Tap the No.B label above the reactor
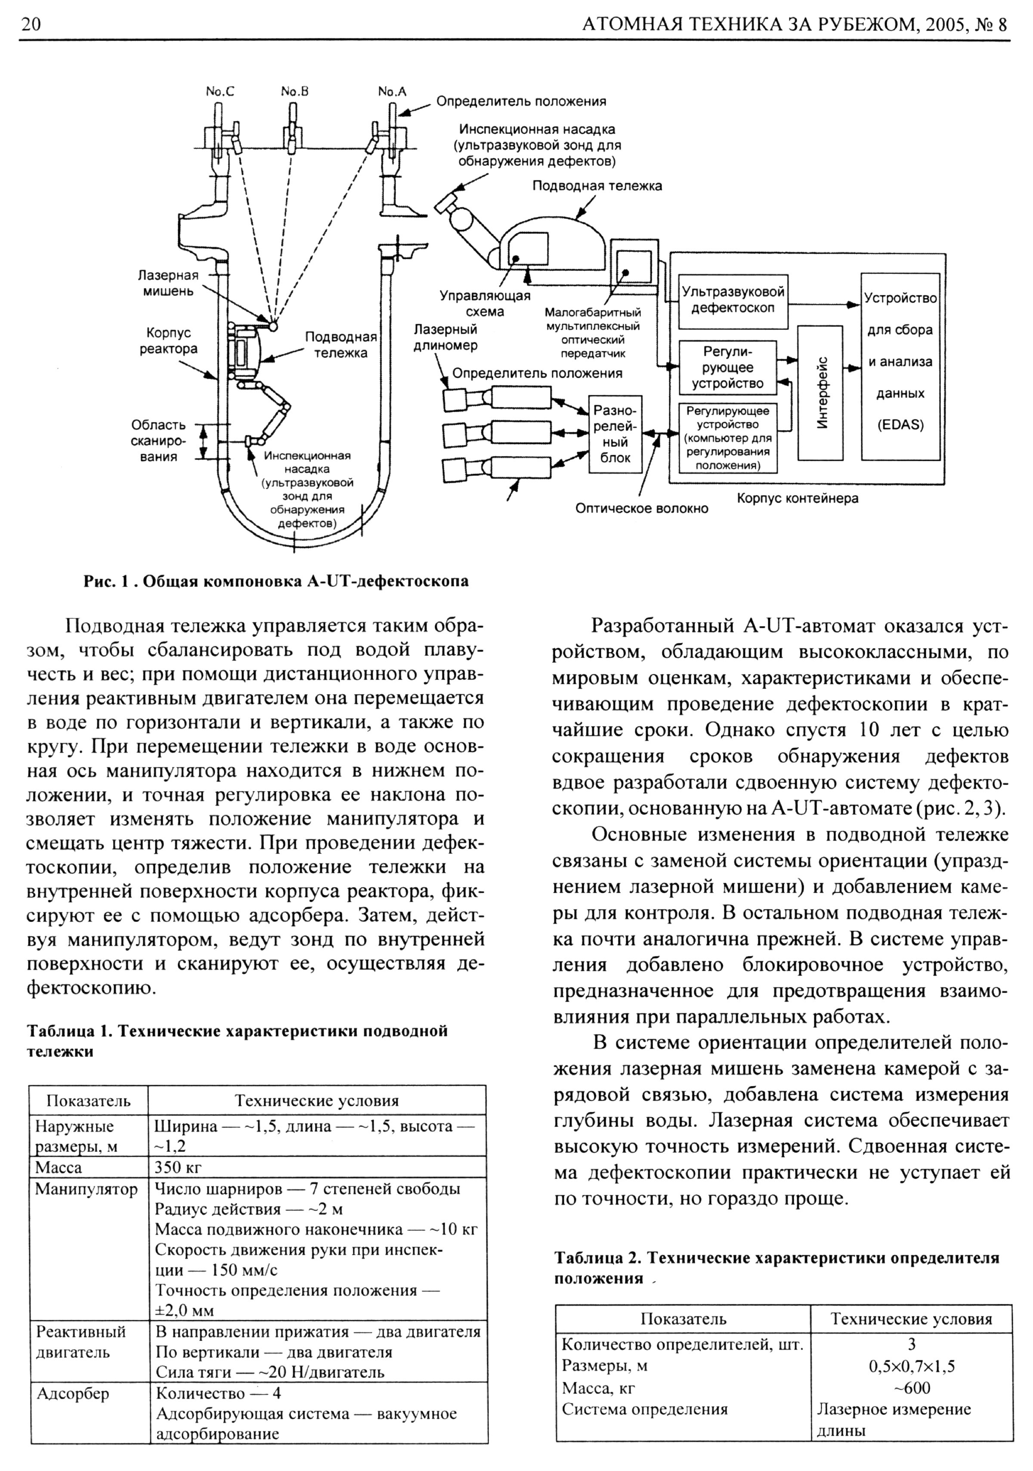pyautogui.click(x=294, y=92)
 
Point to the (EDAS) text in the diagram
pyautogui.click(x=900, y=425)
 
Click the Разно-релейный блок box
pyautogui.click(x=615, y=434)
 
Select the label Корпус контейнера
pyautogui.click(x=797, y=498)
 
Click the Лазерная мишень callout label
pyautogui.click(x=168, y=282)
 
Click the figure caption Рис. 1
pyautogui.click(x=276, y=581)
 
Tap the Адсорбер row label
pyautogui.click(x=72, y=1393)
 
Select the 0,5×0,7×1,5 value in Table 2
pyautogui.click(x=911, y=1366)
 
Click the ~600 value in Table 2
pyautogui.click(x=911, y=1388)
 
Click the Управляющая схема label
pyautogui.click(x=485, y=304)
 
